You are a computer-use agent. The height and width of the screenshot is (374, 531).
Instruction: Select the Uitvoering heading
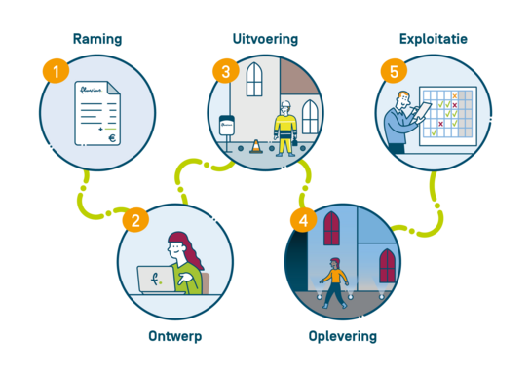pos(266,40)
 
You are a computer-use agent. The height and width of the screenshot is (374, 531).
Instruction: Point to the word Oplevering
pos(342,337)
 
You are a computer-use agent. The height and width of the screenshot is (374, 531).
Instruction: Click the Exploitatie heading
pos(434,39)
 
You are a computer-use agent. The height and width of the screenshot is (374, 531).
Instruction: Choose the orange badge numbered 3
pos(226,71)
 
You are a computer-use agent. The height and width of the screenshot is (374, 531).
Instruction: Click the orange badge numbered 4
pos(304,219)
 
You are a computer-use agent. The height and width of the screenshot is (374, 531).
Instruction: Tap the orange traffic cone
pos(256,147)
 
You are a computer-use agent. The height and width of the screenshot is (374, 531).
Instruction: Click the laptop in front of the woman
pos(156,280)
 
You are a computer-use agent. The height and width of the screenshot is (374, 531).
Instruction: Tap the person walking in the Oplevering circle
pos(334,282)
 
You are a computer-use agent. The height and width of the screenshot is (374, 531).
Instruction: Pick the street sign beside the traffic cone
pos(229,128)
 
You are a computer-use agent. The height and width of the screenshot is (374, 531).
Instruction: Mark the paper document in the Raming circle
pos(99,113)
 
